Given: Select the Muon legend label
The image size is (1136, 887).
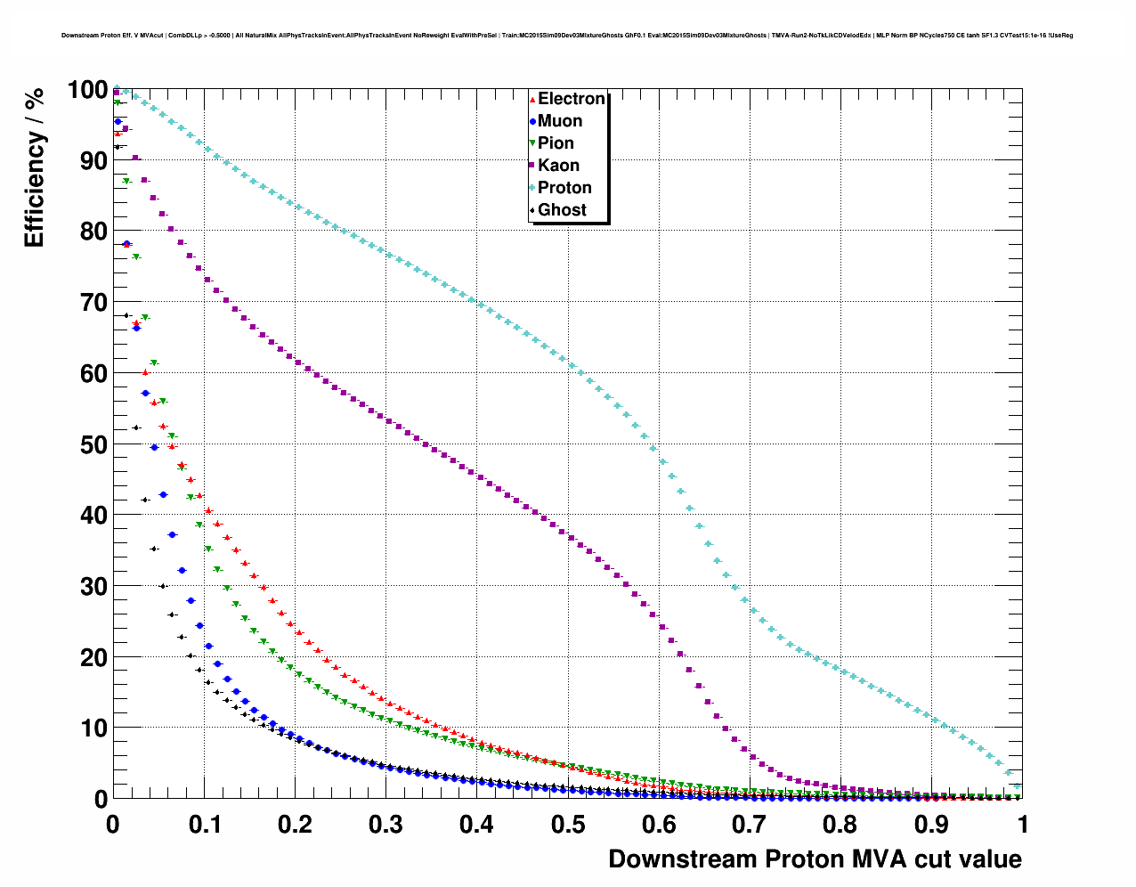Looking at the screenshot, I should pos(560,121).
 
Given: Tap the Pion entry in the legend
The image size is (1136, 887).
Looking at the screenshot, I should pos(556,143).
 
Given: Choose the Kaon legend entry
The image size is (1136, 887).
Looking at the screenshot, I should pos(558,166).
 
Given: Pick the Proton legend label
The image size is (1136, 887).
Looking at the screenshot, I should pos(564,188).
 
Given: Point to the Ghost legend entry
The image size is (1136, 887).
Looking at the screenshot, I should pos(562,210).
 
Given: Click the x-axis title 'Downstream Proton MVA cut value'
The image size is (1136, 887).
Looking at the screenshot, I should pos(815,859).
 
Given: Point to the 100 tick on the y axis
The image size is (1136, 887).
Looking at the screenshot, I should pos(87,90).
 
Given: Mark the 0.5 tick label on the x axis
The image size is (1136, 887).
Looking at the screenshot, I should pos(568,825).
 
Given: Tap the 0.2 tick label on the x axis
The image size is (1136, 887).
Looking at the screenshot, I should pos(295,825).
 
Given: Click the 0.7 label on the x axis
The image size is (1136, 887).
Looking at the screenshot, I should pos(750,825).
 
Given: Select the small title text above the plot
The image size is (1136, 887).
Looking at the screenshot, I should pos(567,36).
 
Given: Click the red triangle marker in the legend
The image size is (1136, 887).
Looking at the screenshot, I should pos(532,99).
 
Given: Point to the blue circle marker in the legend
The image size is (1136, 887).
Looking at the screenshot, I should pos(532,121).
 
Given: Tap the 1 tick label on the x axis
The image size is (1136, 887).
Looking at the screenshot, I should pos(1023,825).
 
